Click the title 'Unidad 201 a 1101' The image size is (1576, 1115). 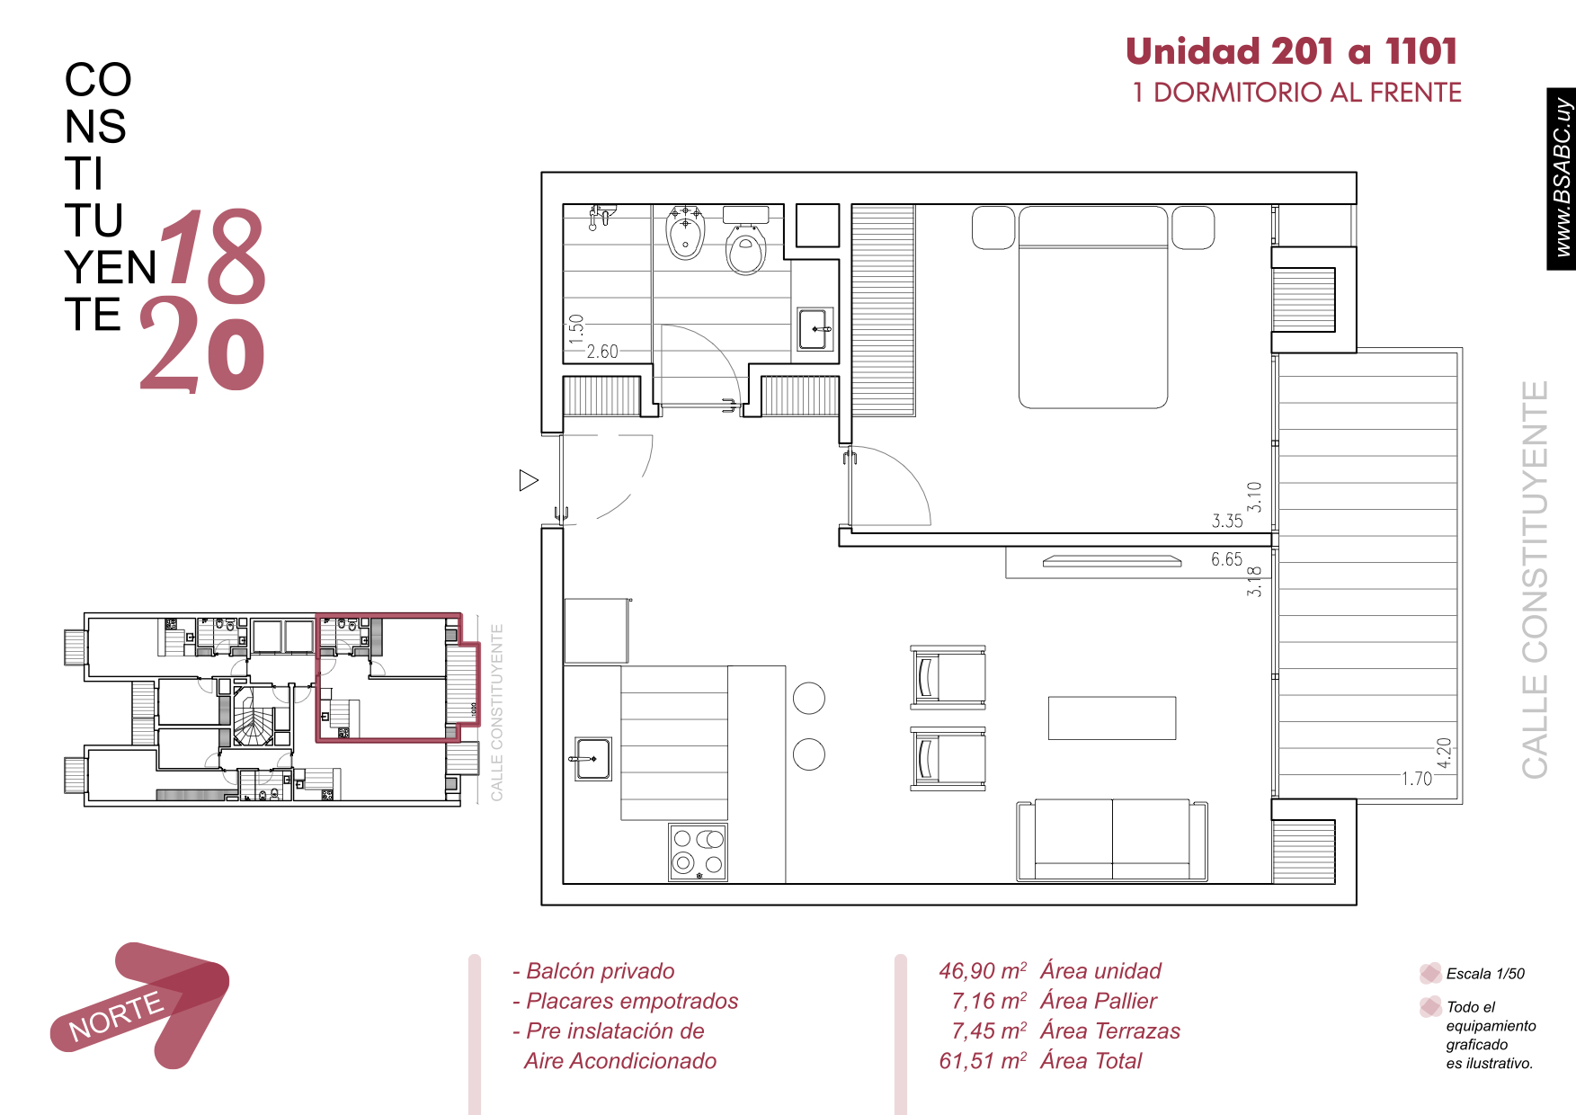click(1291, 51)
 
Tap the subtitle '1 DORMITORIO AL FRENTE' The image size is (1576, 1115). click(1296, 93)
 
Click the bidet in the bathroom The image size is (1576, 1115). click(686, 231)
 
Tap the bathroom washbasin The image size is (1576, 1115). click(815, 329)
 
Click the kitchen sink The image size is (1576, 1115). click(592, 759)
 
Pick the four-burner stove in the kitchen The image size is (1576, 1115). click(698, 852)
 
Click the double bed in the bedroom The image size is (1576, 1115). click(1093, 307)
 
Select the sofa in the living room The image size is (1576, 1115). click(1112, 840)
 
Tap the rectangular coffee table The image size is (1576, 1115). click(1112, 718)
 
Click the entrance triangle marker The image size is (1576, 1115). click(529, 480)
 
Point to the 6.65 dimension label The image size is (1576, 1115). click(1226, 559)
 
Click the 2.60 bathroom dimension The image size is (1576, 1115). click(602, 352)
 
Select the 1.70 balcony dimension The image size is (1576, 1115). click(1417, 779)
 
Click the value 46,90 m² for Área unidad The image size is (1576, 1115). click(983, 971)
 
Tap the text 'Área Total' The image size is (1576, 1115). click(1091, 1061)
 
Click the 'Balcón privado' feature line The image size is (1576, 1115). click(593, 971)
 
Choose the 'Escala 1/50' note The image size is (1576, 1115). click(1485, 974)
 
